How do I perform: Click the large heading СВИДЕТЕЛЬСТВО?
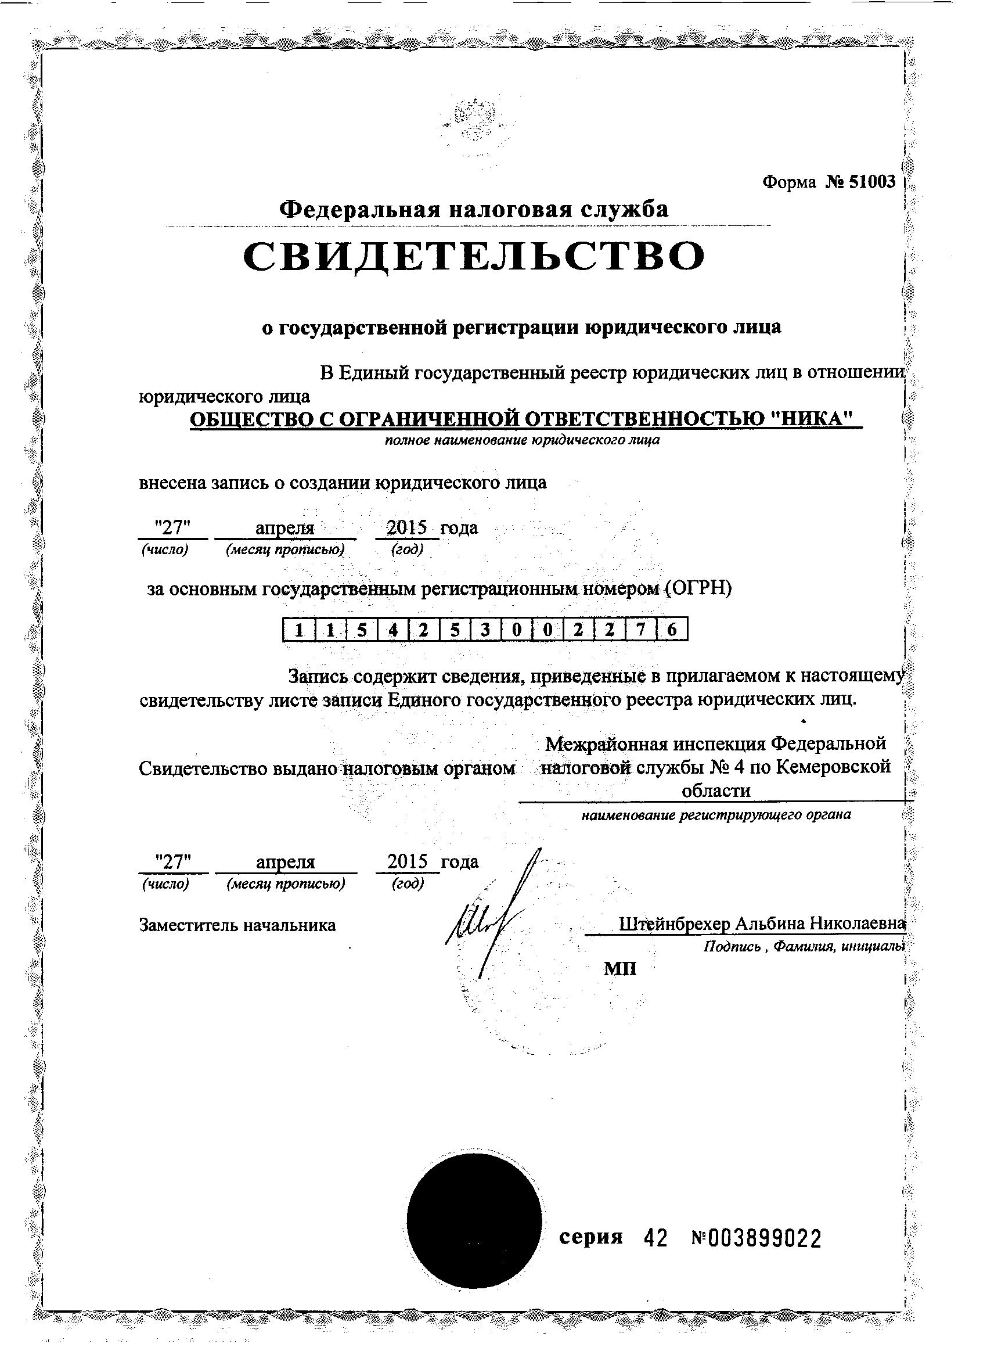coord(474,257)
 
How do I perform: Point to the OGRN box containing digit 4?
coord(392,629)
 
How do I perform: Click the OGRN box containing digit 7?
coord(640,629)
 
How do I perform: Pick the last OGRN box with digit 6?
coord(671,629)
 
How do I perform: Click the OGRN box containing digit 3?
coord(485,629)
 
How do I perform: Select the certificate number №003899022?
coord(756,1238)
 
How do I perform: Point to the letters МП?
coord(620,969)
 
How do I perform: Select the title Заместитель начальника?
coord(237,925)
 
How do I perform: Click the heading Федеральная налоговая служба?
coord(474,210)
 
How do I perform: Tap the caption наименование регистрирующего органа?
coord(716,815)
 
